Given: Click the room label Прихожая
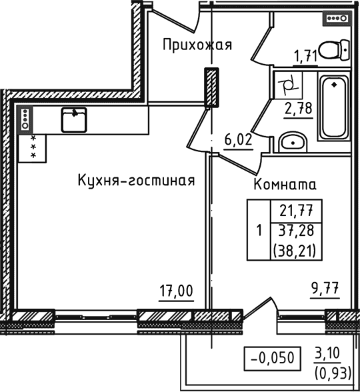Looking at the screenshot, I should click(x=197, y=45).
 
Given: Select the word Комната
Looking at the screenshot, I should click(x=285, y=185).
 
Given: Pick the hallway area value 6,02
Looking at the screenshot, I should click(x=237, y=140).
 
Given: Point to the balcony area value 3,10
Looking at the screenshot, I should click(x=327, y=350).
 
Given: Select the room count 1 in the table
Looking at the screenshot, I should click(x=258, y=231).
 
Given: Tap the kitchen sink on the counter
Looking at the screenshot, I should click(x=73, y=120).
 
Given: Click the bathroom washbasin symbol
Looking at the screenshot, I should click(x=289, y=141).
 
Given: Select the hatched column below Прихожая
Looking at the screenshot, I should click(x=211, y=87).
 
